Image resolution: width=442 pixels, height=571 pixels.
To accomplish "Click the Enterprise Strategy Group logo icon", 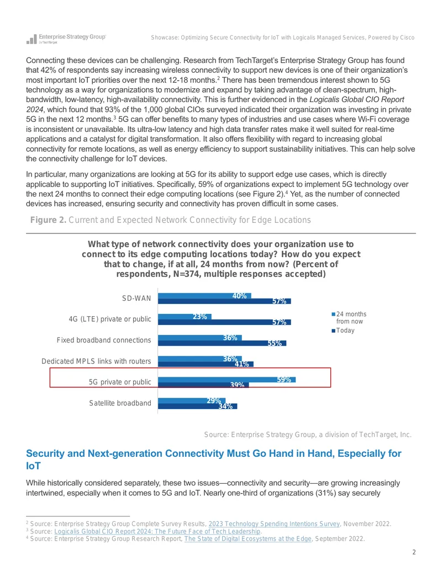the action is (31, 39).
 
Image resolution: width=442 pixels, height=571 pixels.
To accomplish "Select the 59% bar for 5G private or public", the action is (227, 380).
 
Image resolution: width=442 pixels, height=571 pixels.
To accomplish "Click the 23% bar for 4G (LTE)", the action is (185, 317).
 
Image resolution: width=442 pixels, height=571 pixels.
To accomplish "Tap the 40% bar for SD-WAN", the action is (204, 296).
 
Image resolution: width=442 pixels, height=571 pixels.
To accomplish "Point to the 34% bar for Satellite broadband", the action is (197, 406).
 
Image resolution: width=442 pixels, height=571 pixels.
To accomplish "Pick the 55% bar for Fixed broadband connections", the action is (222, 343).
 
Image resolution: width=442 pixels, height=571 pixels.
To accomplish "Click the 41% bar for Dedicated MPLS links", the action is (206, 364).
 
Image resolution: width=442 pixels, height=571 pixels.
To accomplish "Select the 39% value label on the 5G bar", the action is (237, 385).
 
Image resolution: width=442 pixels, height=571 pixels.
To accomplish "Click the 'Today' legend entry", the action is (343, 330).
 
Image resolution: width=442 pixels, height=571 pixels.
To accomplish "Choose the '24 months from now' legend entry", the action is (349, 318).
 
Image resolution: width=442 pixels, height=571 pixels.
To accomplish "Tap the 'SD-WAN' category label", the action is (136, 298).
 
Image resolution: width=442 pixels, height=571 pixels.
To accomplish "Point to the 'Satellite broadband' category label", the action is (120, 403).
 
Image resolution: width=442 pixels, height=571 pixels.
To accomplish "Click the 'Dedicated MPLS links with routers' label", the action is (96, 361).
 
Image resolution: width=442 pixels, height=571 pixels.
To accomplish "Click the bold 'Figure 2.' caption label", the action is (48, 220).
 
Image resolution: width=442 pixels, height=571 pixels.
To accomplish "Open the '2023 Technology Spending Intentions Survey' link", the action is (274, 524).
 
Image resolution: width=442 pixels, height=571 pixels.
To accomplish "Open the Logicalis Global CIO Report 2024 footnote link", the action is (157, 531).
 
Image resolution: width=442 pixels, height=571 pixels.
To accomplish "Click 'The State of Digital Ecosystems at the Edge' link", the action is (248, 538).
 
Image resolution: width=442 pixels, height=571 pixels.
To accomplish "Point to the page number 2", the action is (414, 552).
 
